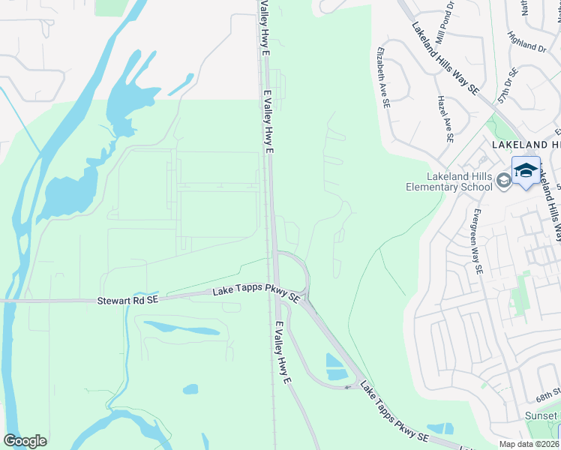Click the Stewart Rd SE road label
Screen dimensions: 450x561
pyautogui.click(x=127, y=301)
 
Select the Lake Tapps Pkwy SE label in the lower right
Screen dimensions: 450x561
pyautogui.click(x=394, y=412)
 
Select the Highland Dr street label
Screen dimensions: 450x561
pyautogui.click(x=526, y=42)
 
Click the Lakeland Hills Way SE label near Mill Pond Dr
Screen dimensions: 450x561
pyautogui.click(x=445, y=57)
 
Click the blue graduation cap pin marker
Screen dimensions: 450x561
pyautogui.click(x=526, y=170)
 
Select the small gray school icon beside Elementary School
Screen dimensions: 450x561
pyautogui.click(x=504, y=180)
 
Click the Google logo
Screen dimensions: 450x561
pyautogui.click(x=25, y=440)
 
